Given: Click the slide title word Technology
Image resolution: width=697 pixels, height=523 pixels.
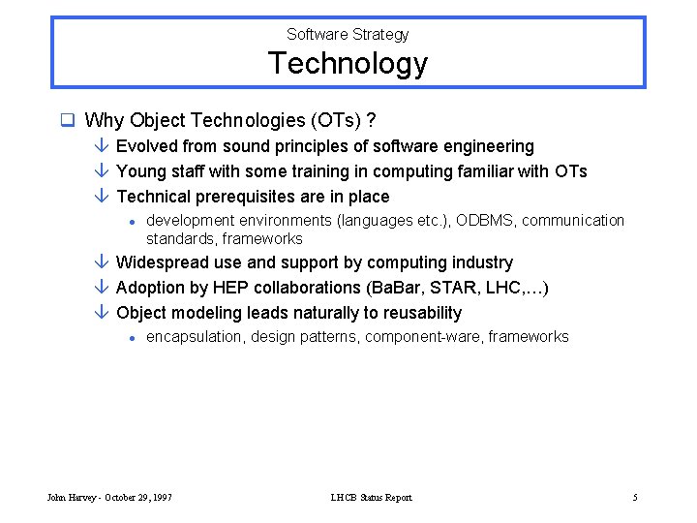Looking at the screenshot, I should pos(348,64).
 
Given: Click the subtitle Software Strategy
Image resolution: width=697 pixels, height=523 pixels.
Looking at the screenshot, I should pos(348,35).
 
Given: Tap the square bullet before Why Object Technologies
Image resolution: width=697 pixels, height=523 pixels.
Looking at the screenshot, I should pos(67,121).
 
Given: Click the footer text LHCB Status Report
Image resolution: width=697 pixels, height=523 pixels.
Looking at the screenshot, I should pos(371,498).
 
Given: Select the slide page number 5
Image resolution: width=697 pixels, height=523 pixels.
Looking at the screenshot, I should pos(635,498).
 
